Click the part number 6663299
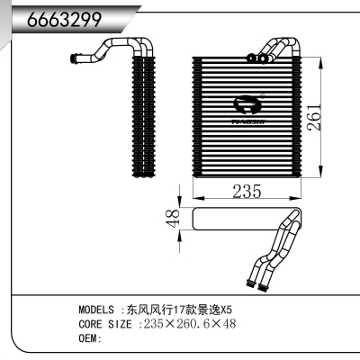pos(62,19)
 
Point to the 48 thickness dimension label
pos(176,216)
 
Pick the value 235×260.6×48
pos(189,323)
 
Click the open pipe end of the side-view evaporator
pos(76,59)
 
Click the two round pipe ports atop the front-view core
pos(261,58)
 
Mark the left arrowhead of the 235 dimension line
pos(197,197)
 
